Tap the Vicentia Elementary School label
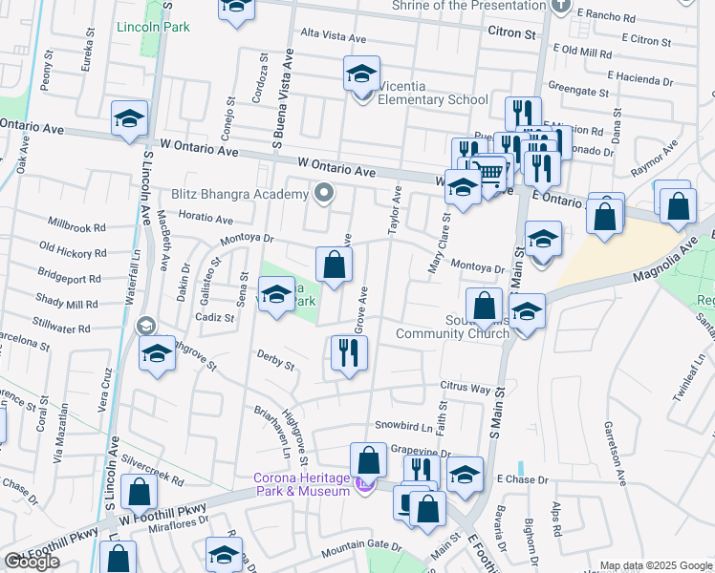(x=433, y=99)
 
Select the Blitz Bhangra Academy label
(x=240, y=194)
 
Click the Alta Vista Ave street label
(x=334, y=37)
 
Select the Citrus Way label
(x=465, y=390)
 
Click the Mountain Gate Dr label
(x=361, y=544)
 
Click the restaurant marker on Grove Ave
(x=349, y=353)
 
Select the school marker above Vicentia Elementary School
(x=362, y=73)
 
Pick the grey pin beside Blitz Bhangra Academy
(x=324, y=194)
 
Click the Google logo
(x=32, y=562)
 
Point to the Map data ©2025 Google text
(x=656, y=565)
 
